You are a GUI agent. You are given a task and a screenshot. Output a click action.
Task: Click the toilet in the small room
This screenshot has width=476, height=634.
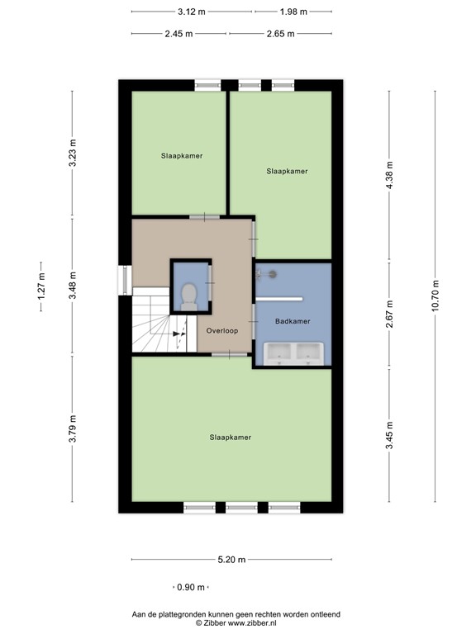(x=189, y=296)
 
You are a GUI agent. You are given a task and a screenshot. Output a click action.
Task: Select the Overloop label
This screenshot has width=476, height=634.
(x=222, y=330)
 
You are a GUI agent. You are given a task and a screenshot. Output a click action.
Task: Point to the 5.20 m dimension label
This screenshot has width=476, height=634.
(x=231, y=561)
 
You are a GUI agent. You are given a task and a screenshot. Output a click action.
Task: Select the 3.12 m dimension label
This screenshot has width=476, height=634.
(x=192, y=12)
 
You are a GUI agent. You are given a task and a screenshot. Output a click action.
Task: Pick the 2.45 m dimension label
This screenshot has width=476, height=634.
(x=178, y=34)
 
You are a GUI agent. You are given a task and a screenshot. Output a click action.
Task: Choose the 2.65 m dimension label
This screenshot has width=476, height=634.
(x=281, y=34)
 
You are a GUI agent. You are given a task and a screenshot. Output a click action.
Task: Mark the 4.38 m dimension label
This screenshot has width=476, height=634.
(x=390, y=175)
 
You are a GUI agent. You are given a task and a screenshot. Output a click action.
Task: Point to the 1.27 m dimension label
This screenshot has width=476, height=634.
(x=41, y=291)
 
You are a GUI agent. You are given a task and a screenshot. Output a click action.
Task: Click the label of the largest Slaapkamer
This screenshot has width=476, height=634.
(x=230, y=438)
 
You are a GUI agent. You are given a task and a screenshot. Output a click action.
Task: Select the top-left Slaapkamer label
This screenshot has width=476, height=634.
(x=182, y=155)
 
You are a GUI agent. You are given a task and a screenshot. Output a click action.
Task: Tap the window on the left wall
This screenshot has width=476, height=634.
(x=124, y=278)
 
